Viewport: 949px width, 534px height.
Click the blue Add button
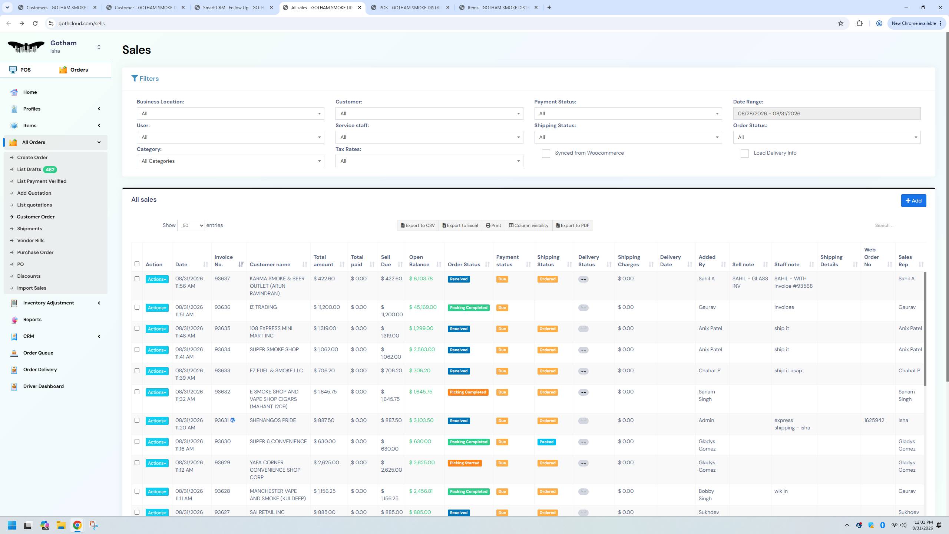click(913, 201)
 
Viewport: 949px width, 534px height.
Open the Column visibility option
click(528, 225)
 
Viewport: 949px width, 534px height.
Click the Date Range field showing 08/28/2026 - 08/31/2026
click(826, 113)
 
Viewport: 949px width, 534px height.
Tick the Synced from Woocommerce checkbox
click(546, 154)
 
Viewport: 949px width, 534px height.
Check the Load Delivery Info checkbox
click(744, 154)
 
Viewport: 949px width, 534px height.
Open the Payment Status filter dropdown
click(628, 113)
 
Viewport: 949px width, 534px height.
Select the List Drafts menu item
click(29, 169)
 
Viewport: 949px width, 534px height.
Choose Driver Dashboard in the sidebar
click(43, 386)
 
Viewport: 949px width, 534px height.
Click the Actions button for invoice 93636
click(157, 308)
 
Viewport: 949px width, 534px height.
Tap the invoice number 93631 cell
click(222, 420)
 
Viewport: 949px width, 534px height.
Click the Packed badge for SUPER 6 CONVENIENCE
click(546, 442)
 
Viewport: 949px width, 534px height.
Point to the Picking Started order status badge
click(464, 463)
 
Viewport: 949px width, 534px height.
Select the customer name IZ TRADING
click(263, 307)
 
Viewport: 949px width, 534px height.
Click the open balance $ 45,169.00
click(423, 307)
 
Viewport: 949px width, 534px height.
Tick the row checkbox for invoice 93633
click(137, 371)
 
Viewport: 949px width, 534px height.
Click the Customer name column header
click(270, 264)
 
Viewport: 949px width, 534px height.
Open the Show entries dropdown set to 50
click(191, 225)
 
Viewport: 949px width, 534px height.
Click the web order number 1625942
click(874, 420)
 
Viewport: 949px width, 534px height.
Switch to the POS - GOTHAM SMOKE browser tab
click(410, 7)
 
